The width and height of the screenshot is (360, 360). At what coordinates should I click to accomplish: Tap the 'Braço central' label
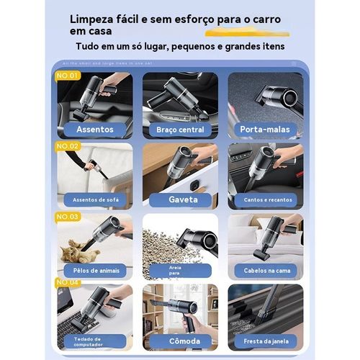(180, 130)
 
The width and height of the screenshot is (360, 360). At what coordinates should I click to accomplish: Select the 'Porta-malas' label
(265, 130)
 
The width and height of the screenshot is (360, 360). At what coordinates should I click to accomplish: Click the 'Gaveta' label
(180, 199)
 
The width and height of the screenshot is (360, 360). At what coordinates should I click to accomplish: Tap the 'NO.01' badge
(68, 75)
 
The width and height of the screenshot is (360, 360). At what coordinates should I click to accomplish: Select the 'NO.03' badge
(68, 216)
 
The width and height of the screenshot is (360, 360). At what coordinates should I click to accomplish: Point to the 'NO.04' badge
(68, 282)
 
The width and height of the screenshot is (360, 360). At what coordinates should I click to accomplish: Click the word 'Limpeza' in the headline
(95, 18)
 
